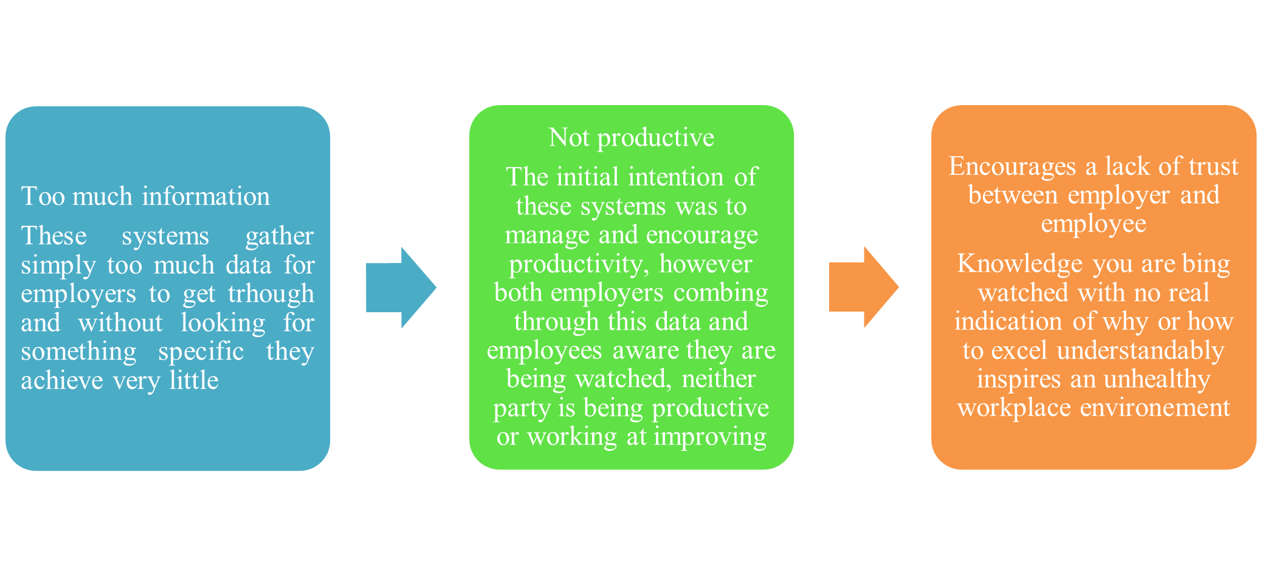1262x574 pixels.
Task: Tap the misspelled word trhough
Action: (x=271, y=295)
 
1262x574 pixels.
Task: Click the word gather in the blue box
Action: (x=280, y=237)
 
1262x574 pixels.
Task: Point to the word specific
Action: (x=201, y=352)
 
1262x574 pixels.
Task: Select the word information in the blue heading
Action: (x=206, y=196)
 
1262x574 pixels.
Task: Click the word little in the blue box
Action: (x=194, y=380)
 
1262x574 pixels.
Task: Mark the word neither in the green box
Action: (x=719, y=380)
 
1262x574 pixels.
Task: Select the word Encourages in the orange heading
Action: (x=1012, y=167)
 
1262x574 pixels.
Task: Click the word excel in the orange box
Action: (x=1019, y=351)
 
